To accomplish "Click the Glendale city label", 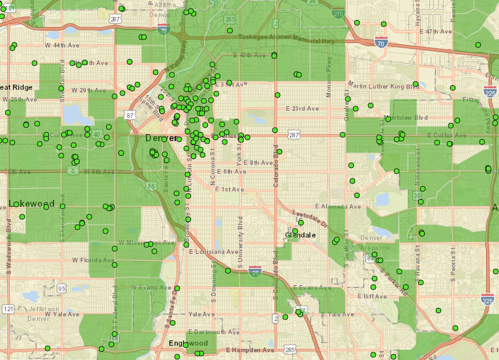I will coord(300,235).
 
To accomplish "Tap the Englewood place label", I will coord(188,343).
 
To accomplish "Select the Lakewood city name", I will coord(31,204).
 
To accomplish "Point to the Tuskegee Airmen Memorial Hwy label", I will coord(287,40).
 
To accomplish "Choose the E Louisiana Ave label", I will coord(214,251).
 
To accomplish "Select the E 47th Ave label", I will coord(436,31).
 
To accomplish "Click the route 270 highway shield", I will coord(337,13).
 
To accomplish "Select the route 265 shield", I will coord(230,20).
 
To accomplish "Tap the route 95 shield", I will coord(62,288).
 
